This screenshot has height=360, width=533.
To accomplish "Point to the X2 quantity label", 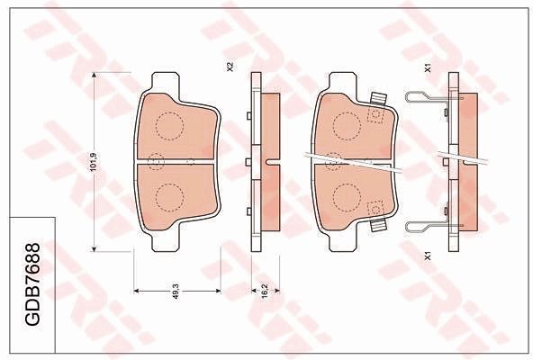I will pos(231,67).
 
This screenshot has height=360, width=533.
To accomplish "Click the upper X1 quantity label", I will pos(427,67).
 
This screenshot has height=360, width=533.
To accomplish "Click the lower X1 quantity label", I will pos(427,256).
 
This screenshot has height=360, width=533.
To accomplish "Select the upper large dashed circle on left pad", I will pos(167,126).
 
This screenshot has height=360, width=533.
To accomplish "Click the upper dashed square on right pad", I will pos(375,113).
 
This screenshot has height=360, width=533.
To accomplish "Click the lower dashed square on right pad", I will pos(375,210).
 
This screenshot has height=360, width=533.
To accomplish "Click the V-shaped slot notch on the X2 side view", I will pos(270,162).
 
